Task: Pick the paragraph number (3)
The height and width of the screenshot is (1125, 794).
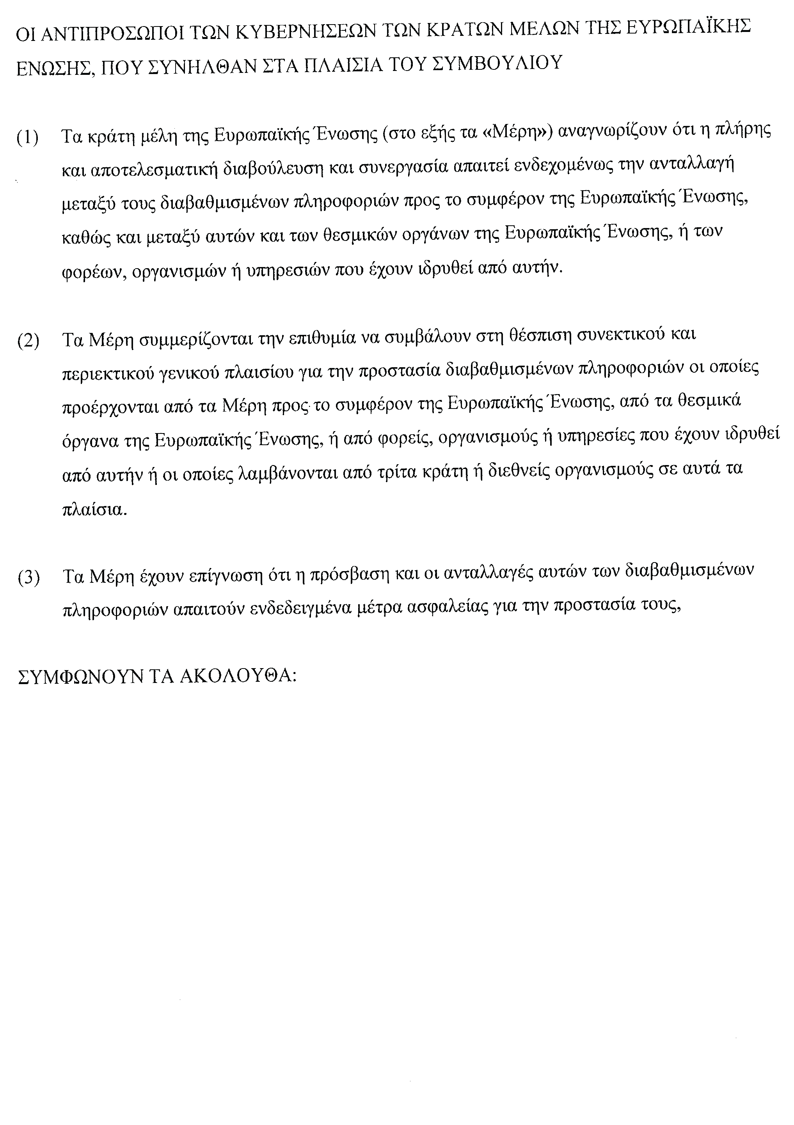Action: coord(28,578)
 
